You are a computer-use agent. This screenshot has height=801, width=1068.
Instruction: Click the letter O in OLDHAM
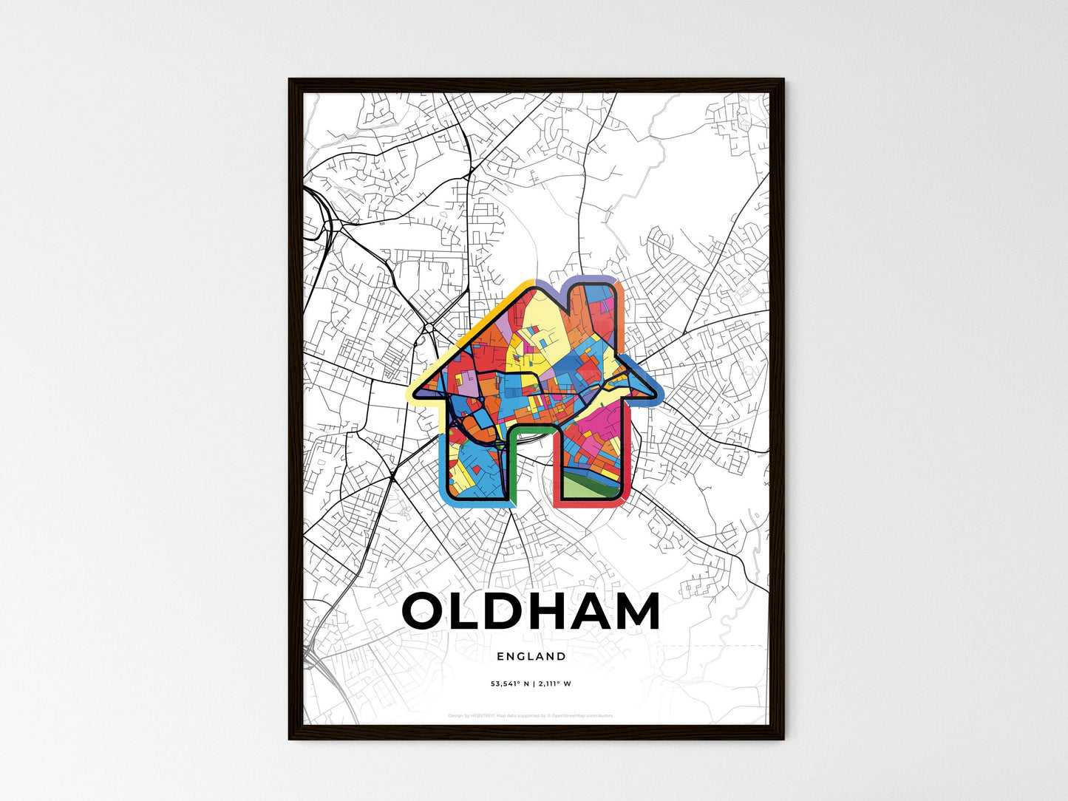pos(426,612)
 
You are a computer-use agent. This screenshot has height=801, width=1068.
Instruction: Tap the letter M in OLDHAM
pos(631,612)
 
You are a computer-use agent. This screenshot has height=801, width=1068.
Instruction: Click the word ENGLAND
pos(531,656)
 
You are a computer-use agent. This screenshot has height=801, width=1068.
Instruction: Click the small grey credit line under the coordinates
pos(531,715)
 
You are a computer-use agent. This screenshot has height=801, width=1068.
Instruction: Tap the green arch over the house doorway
pos(531,428)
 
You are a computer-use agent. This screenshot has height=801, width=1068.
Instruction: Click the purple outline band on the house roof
pos(591,279)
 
